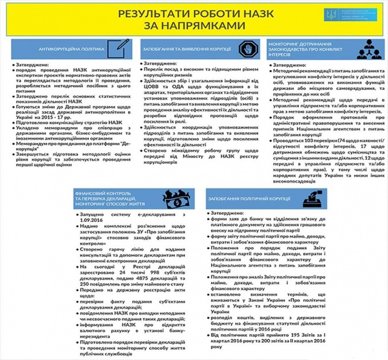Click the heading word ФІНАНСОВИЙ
(90, 193)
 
